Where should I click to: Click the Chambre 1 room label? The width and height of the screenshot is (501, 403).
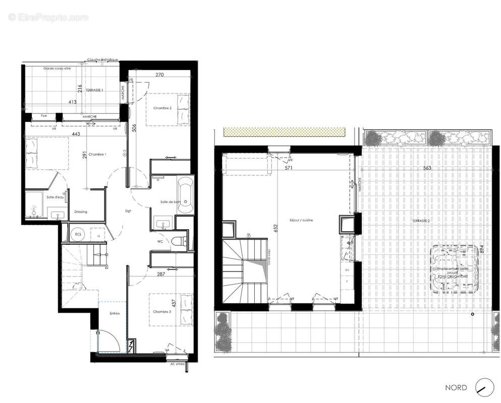(x=97, y=154)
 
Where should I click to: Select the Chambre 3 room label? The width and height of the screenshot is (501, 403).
(x=162, y=312)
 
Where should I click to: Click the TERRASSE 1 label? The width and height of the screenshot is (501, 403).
(x=94, y=90)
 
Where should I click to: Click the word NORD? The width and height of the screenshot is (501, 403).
(x=456, y=388)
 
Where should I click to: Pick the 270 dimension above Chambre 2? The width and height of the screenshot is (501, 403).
(x=159, y=75)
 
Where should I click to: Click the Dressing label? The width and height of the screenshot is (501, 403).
(x=81, y=212)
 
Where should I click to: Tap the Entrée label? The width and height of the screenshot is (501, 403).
(x=115, y=314)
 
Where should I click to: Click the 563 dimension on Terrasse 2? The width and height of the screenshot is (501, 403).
(x=427, y=169)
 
